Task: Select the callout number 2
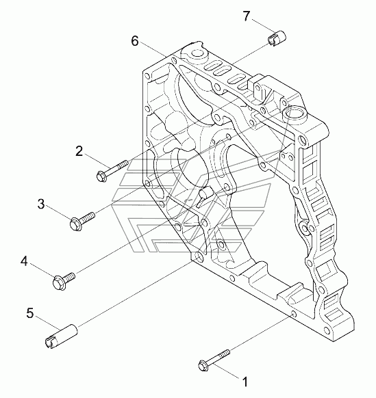tap(79, 151)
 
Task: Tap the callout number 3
tap(41, 204)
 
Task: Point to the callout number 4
tap(24, 261)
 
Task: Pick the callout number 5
tap(30, 313)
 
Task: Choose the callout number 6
tap(135, 41)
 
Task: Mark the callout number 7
tap(247, 16)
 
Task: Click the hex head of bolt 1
tap(203, 365)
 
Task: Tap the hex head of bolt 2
tap(102, 176)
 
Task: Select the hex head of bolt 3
tap(75, 224)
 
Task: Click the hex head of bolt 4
tap(60, 282)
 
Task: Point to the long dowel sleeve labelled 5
tap(61, 336)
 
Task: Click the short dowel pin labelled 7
tap(277, 38)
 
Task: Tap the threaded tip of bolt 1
tap(225, 353)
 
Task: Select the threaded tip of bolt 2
tap(123, 163)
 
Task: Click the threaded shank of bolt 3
tap(88, 217)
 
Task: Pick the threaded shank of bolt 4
tap(69, 277)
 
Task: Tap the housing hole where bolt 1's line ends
tap(293, 315)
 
